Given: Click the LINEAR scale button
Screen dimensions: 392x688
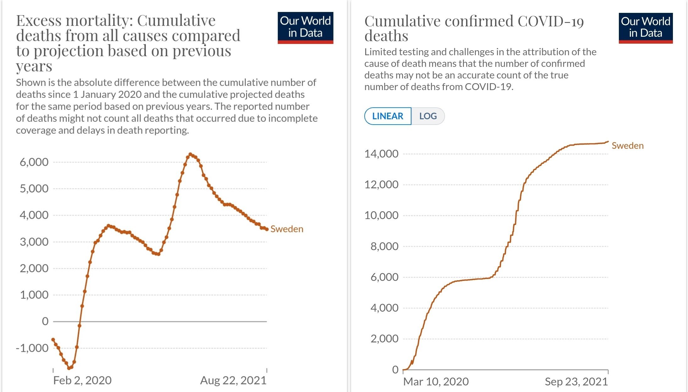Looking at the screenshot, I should coord(388,116).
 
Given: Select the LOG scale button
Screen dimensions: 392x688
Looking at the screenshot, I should coord(428,116).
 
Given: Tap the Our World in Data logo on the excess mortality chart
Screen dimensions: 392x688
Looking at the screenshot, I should coord(305,28).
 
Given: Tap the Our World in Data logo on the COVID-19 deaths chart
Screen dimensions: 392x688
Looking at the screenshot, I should coord(646,28).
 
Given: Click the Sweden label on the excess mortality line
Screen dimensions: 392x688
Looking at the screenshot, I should coord(287,229).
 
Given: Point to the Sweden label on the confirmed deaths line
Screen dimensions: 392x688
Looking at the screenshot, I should coord(627,146).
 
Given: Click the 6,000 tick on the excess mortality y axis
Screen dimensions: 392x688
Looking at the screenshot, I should coord(34,162).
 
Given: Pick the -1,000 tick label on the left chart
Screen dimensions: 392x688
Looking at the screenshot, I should coord(32,348).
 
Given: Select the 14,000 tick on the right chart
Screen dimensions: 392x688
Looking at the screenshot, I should coord(381,154).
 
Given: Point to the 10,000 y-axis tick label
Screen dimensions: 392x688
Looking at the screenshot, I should coord(381,215).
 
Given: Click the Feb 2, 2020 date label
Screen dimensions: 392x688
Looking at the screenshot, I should coord(82,380).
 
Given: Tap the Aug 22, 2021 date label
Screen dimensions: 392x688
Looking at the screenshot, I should coord(233,380).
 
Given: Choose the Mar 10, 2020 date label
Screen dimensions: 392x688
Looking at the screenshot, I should coord(436,382).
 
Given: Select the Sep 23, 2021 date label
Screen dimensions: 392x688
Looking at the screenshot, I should coord(576,382).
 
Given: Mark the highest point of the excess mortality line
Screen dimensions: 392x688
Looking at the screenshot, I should coord(190,154).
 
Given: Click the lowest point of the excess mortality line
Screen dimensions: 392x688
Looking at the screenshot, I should coord(69,368).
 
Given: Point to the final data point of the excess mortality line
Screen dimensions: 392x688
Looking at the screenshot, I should coord(267,229).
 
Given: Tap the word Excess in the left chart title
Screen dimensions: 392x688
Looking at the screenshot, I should coord(39,21).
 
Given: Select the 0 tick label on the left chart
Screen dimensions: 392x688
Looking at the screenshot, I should coord(45,321).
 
